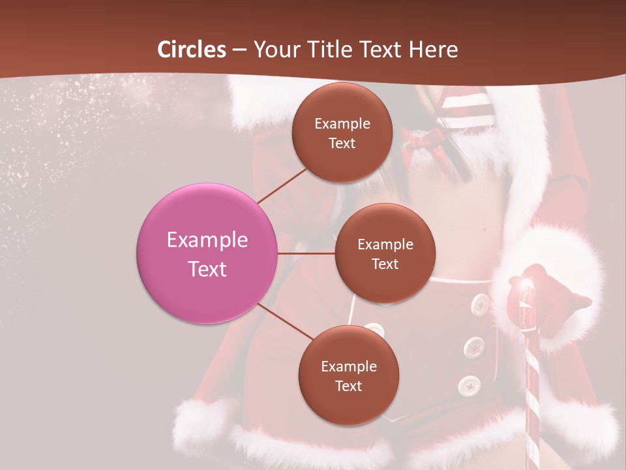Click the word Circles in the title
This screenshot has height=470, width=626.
coord(191,50)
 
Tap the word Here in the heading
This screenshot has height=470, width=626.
coord(433,50)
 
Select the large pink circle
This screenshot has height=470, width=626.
coord(207,254)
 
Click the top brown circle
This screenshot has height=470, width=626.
coord(342,133)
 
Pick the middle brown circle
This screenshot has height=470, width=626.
coord(385,253)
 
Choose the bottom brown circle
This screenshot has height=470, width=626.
coord(348,375)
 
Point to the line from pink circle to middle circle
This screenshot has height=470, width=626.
coord(306,253)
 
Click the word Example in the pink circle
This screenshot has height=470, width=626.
coord(207,240)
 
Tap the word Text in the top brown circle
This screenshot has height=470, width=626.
coord(342,143)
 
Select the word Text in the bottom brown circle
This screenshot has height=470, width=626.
coord(348,386)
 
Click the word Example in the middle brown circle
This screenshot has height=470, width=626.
coord(385,244)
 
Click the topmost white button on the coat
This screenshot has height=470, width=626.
coord(481,303)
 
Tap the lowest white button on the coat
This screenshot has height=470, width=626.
coord(468,386)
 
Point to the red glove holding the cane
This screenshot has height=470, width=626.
coord(548,300)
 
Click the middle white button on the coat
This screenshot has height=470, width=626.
coord(474,348)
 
